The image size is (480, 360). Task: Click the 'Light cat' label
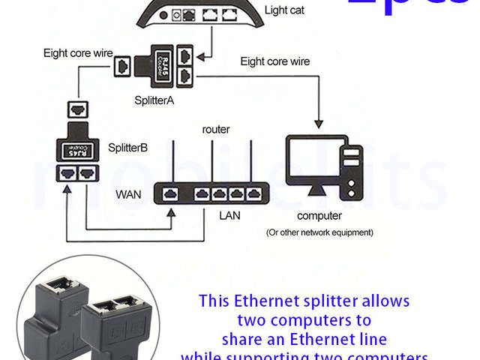pos(284,10)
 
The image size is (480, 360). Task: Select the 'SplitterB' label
pos(128,147)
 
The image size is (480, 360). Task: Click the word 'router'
pos(216,130)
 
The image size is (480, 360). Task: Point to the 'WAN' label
pos(128,194)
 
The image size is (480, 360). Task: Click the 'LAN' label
pos(229,215)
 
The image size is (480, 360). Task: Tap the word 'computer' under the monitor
pos(319,216)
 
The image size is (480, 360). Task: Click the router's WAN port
pos(170,194)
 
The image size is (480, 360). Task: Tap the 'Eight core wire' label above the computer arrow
pos(274,61)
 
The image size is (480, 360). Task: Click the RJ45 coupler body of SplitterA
pos(163,65)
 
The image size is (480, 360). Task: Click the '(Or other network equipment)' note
pos(319,233)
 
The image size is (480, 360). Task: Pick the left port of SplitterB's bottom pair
pos(68,174)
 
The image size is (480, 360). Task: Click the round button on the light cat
pos(178,14)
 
